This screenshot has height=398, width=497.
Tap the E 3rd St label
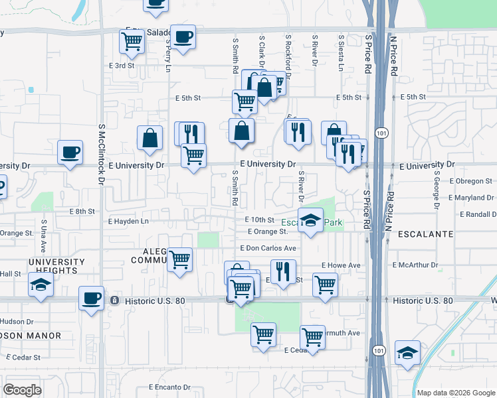point(122,66)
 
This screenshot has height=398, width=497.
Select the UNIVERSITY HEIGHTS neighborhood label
point(56,267)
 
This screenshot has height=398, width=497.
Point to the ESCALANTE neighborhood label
point(425,234)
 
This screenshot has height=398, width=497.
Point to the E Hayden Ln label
point(128,221)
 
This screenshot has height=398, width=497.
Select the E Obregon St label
point(470,180)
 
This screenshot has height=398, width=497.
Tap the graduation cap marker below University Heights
point(41,286)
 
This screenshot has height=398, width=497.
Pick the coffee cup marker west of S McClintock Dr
point(70,153)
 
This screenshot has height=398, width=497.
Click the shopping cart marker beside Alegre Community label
point(179,261)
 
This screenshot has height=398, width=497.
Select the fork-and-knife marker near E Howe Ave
point(284,271)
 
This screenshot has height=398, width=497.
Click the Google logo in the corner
point(22,389)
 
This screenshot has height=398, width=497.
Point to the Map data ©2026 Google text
point(455,393)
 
